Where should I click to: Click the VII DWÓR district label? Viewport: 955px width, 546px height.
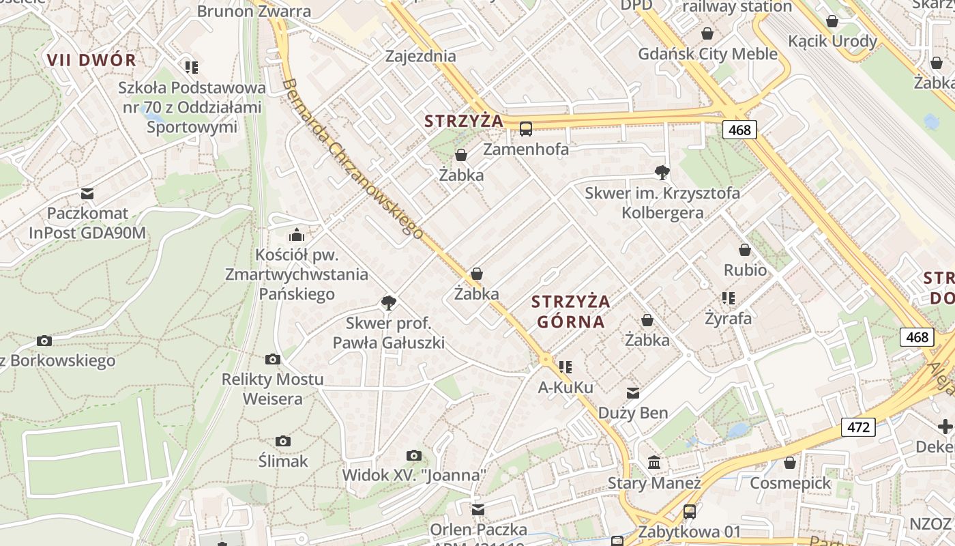[91, 59]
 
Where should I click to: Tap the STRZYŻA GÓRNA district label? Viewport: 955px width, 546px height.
[571, 311]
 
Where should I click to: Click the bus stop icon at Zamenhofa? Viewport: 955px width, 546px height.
[526, 128]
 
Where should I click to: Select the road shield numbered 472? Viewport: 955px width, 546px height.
[858, 427]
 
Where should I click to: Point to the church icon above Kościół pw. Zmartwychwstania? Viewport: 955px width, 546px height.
[297, 235]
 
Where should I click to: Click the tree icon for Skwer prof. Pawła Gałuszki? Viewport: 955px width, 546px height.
[389, 302]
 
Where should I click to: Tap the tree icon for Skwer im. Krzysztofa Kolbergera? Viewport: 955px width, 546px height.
[662, 173]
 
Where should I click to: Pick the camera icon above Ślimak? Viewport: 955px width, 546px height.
[283, 442]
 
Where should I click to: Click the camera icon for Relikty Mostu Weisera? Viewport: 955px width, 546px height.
[273, 359]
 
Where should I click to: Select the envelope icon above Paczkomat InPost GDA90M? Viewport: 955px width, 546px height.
[87, 193]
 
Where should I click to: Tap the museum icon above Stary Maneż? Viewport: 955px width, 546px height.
[654, 463]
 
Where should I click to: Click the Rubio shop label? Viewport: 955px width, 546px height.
[745, 270]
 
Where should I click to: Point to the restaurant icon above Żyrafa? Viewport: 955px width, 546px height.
[729, 298]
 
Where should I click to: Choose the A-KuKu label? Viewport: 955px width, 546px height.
[565, 388]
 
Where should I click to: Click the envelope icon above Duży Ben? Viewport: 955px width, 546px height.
[633, 393]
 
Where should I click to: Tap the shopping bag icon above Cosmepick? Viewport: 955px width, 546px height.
[790, 463]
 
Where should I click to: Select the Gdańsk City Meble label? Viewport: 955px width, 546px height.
[707, 54]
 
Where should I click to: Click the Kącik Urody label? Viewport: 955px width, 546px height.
[832, 41]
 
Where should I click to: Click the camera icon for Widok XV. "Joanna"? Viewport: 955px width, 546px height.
[413, 455]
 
